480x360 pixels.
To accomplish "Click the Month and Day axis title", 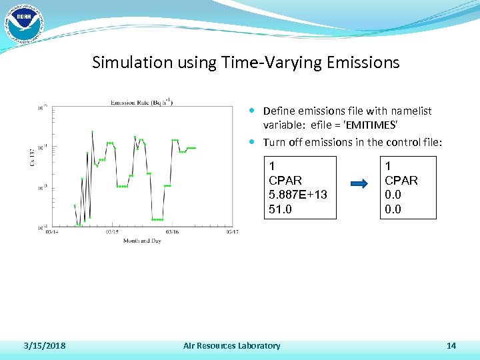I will click(x=142, y=241).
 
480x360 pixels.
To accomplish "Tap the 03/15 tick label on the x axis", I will click(x=112, y=233).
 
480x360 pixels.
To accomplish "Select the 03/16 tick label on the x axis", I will click(x=171, y=233).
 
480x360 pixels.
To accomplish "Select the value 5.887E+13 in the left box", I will click(x=297, y=195).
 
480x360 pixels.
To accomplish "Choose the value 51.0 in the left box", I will click(x=281, y=209).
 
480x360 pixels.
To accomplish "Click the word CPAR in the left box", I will click(x=285, y=180).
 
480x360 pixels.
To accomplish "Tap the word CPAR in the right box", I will click(x=401, y=180).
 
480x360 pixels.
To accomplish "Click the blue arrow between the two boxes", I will click(x=359, y=184).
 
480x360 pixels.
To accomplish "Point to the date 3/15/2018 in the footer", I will click(x=44, y=345).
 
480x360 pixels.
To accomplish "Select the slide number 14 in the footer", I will click(x=451, y=345).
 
